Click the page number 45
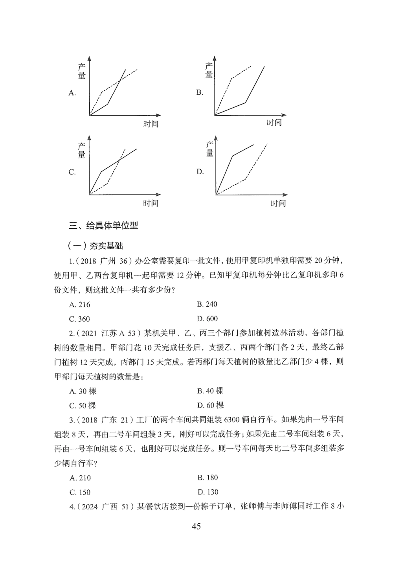pos(196,526)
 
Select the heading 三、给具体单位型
pos(103,226)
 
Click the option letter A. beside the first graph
pos(72,93)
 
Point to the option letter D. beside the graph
pos(200,172)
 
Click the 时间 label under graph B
pos(274,123)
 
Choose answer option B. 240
pos(207,304)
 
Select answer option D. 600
pos(207,319)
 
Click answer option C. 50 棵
pos(83,406)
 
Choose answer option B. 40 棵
pos(210,391)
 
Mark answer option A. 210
pos(80,478)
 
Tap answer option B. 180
pos(208,478)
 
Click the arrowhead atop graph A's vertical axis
pos(90,59)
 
